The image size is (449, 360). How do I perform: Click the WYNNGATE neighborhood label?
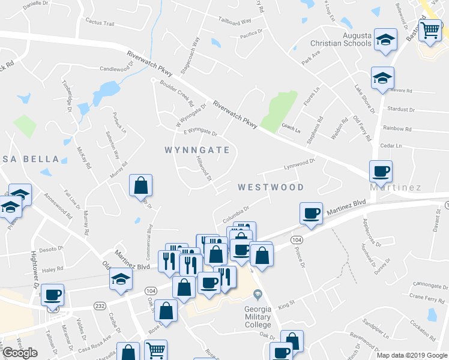197,150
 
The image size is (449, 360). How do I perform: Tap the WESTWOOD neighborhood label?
271,187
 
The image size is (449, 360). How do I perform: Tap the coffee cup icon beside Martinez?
381,172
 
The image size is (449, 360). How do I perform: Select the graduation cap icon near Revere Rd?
382,78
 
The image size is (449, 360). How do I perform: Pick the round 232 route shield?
99,306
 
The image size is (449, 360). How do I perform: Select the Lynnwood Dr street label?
300,163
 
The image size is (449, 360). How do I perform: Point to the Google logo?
20,352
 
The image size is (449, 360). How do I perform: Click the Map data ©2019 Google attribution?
412,355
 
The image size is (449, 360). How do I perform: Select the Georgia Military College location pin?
258,294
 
